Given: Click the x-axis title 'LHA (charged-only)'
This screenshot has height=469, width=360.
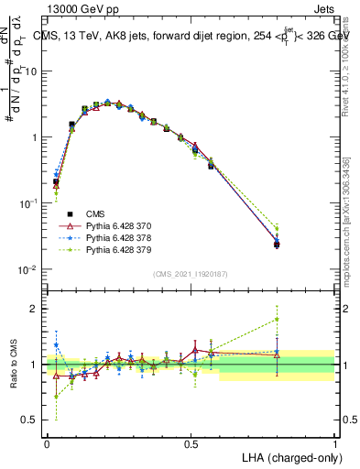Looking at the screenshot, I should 290,456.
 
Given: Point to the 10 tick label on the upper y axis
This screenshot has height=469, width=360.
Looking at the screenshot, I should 30,71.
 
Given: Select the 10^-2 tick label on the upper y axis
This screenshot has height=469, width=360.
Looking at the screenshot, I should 28,269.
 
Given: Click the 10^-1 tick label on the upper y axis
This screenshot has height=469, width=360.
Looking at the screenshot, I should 28,203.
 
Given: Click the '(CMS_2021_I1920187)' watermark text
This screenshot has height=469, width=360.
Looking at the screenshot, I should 191,273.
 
